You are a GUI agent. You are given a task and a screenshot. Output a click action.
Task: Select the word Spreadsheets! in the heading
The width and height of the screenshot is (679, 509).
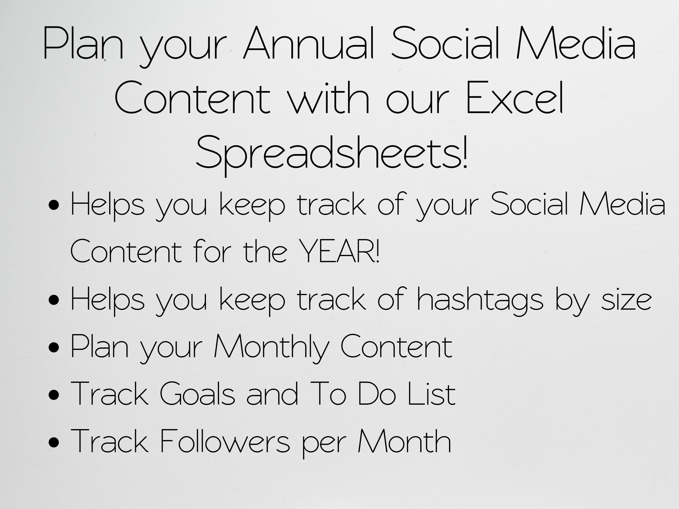(331, 153)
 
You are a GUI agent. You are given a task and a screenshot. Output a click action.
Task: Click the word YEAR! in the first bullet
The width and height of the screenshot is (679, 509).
(339, 252)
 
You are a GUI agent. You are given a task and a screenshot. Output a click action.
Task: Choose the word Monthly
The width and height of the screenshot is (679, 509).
(271, 347)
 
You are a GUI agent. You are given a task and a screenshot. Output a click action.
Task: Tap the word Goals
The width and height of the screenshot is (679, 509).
(197, 394)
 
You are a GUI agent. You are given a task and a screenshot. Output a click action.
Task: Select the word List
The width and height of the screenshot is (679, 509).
(431, 394)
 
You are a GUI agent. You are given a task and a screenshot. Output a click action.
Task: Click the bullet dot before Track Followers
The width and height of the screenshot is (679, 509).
(54, 443)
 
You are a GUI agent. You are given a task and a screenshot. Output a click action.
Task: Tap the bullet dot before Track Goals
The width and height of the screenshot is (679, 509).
(54, 395)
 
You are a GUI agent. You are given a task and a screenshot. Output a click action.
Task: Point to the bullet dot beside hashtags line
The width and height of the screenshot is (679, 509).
(54, 301)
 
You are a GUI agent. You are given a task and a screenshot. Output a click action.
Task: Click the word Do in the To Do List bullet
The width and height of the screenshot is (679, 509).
(377, 394)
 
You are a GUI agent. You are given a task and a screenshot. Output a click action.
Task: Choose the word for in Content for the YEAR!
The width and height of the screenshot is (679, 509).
(212, 252)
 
